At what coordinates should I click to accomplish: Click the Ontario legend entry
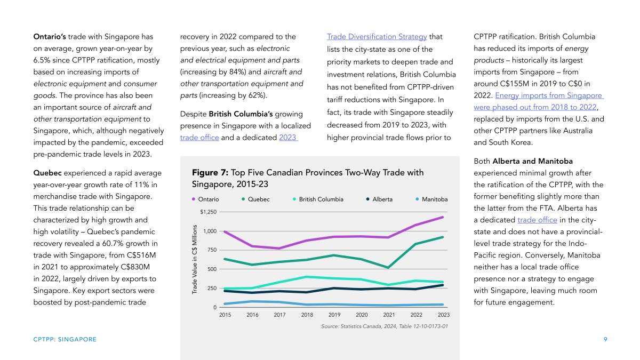point(205,199)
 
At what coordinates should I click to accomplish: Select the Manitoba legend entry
point(431,199)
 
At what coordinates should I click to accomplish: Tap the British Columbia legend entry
point(318,199)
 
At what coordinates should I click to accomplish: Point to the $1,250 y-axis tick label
point(209,212)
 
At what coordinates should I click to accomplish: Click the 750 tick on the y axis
point(212,250)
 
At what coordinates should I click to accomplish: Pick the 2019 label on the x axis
point(334,315)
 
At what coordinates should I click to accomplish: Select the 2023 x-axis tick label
point(443,315)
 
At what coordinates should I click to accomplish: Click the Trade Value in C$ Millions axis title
point(195,259)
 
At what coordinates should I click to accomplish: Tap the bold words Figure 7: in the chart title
point(210,173)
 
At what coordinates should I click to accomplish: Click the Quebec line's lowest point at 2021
point(388,268)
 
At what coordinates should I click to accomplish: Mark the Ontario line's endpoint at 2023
point(443,217)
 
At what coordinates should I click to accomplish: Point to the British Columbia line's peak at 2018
point(307,277)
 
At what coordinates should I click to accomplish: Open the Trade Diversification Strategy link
point(377,37)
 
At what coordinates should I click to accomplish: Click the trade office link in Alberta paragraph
point(537,220)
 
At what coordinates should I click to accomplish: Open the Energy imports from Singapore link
point(549,95)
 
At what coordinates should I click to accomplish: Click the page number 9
point(605,339)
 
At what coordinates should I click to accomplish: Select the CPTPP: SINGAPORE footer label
point(65,339)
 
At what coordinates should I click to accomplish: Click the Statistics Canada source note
point(385,326)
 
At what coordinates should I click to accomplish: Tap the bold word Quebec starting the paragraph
point(47,173)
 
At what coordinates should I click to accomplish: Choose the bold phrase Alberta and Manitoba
point(533,161)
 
